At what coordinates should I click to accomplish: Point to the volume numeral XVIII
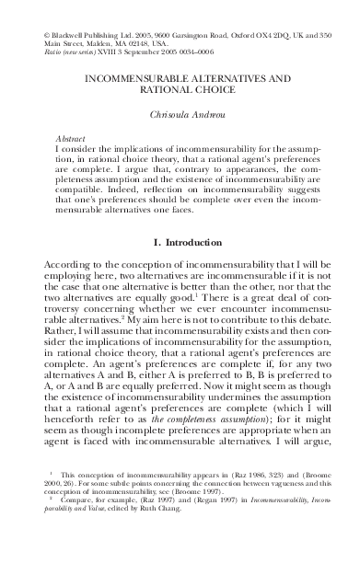tap(95, 52)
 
